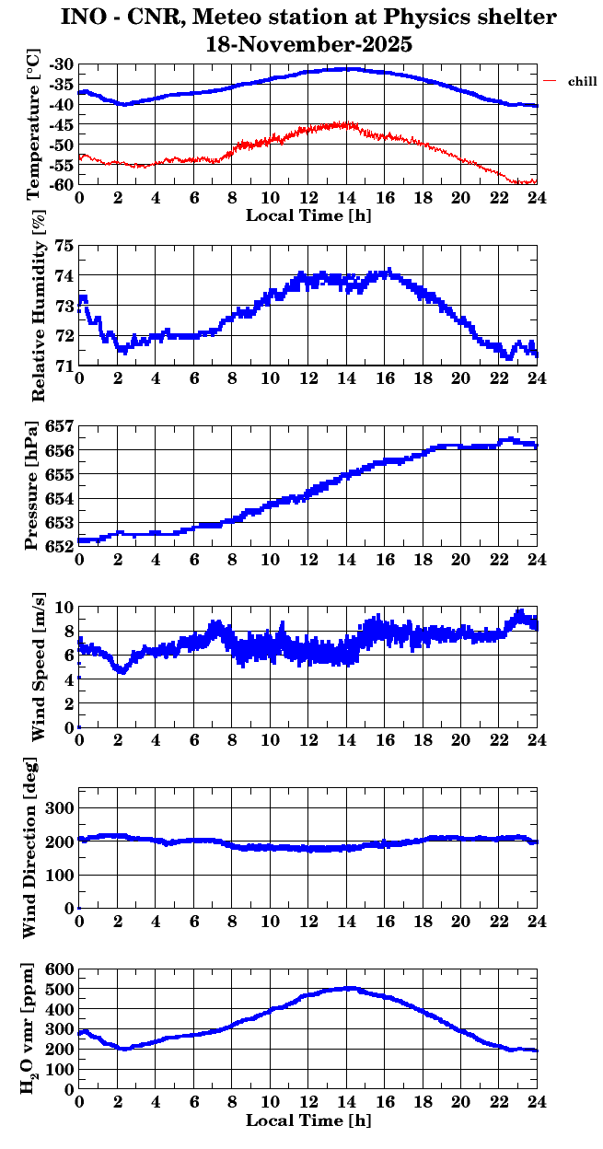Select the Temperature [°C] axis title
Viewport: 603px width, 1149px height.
point(34,125)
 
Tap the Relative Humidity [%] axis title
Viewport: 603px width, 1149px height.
point(38,307)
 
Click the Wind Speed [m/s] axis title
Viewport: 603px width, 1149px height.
point(38,667)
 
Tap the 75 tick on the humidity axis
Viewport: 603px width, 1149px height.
point(64,246)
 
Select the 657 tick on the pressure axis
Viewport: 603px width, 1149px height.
point(59,427)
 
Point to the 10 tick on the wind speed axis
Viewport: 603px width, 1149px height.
point(64,607)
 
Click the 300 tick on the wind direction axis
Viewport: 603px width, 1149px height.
point(60,807)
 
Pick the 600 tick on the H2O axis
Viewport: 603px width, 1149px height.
point(60,969)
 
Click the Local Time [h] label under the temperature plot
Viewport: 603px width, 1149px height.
point(308,215)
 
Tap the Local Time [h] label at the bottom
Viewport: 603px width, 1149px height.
point(308,1120)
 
